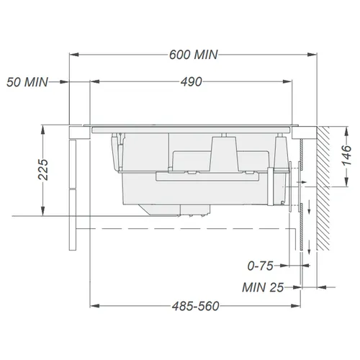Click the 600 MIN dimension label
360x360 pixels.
(194, 55)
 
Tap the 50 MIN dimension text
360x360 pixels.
(27, 82)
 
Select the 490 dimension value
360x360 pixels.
(192, 82)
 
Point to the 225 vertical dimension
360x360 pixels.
(43, 169)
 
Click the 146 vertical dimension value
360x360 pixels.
(346, 155)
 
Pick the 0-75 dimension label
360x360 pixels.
(261, 266)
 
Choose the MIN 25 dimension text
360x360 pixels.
(263, 287)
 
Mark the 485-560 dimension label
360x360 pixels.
(196, 306)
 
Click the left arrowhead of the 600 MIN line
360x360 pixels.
(74, 55)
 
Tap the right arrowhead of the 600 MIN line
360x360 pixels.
(312, 55)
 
